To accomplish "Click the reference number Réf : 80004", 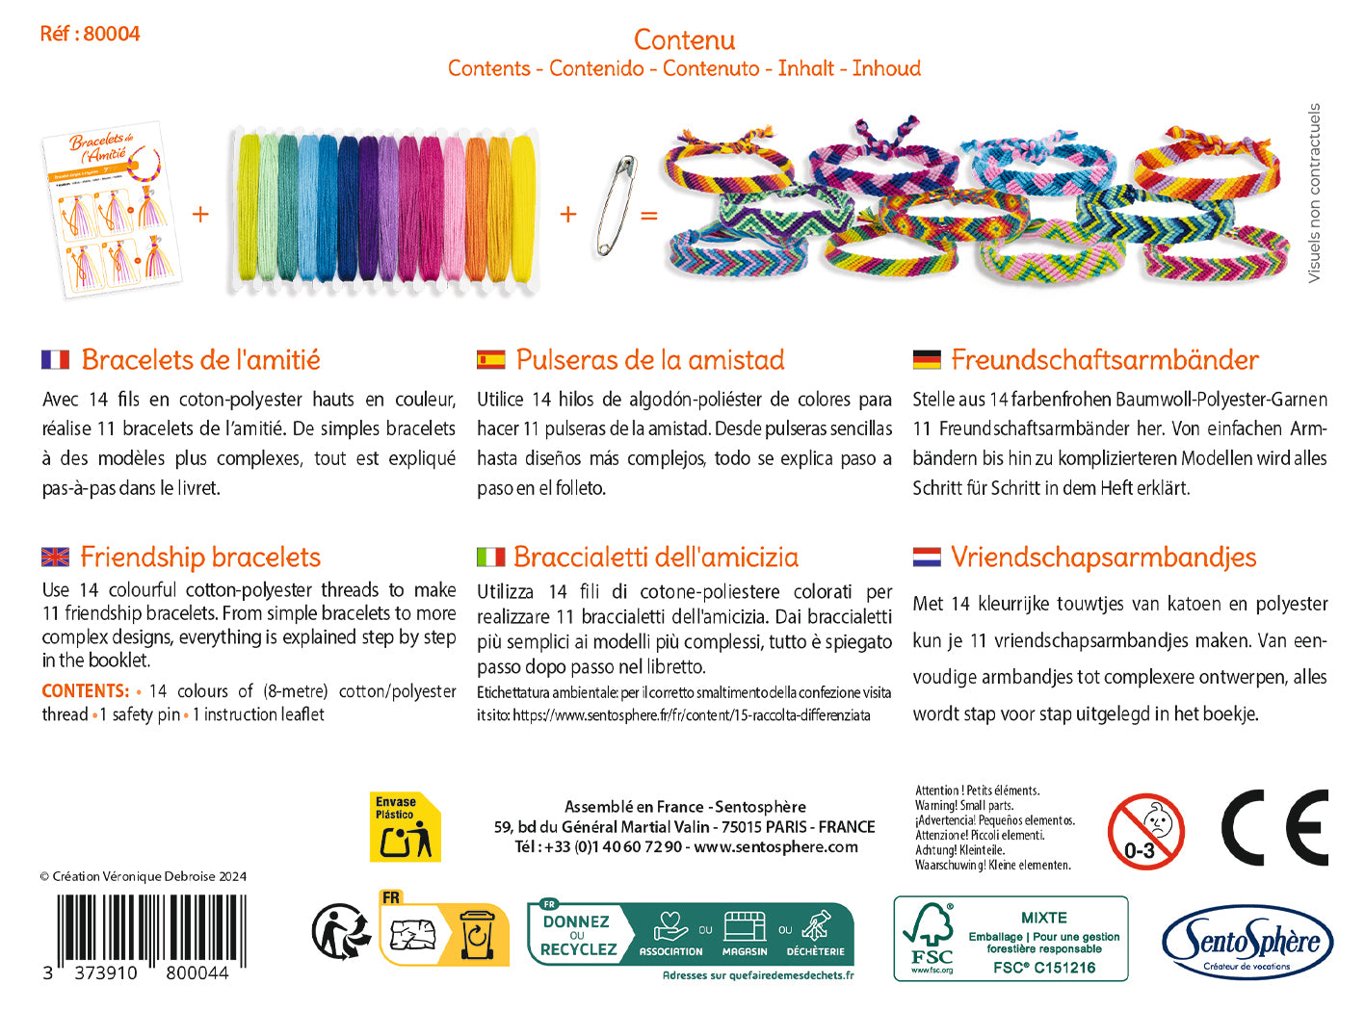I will [x=90, y=34].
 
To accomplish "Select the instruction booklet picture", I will [x=113, y=213].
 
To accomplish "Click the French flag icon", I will [x=56, y=360].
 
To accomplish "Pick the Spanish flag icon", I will [x=490, y=360].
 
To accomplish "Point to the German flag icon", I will [x=927, y=360].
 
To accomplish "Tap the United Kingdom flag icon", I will [x=56, y=557].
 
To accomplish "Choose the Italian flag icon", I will [x=490, y=557].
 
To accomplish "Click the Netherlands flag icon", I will [x=927, y=557].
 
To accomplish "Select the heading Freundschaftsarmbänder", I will [x=1105, y=360].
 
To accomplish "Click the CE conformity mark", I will [x=1273, y=828].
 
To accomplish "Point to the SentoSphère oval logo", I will [x=1247, y=943].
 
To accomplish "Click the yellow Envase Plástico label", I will [x=405, y=827].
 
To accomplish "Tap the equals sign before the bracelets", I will [x=649, y=215].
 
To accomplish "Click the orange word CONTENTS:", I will [x=85, y=691].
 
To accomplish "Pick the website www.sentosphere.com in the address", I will [x=775, y=847].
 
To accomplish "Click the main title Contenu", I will [x=684, y=39].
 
